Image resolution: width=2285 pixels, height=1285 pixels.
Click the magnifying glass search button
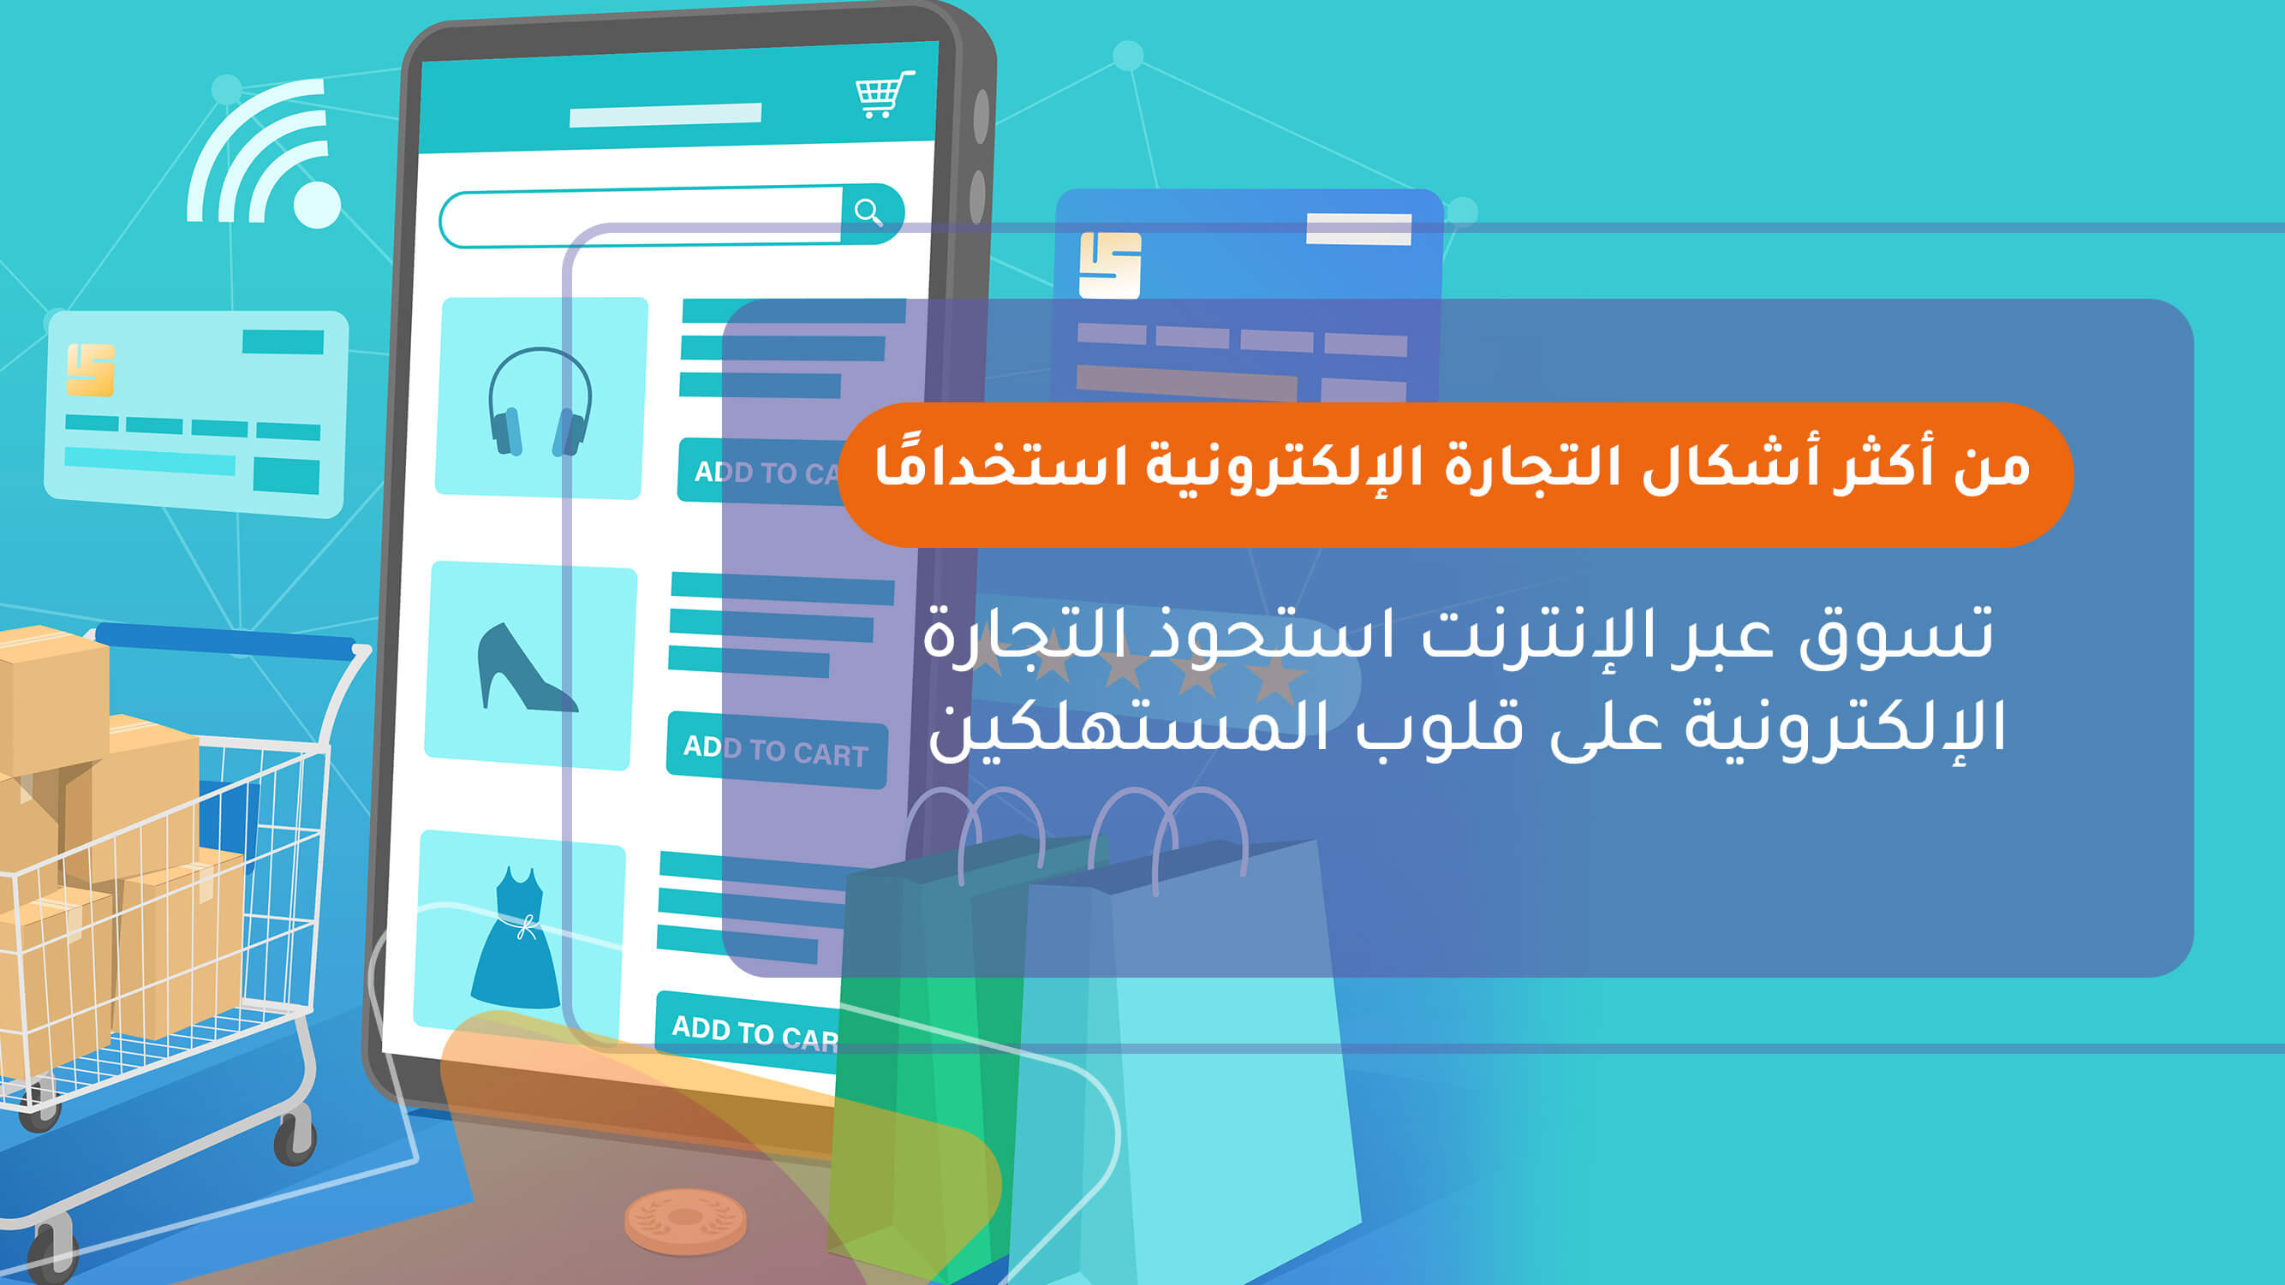(868, 212)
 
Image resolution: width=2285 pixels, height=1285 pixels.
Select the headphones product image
(540, 399)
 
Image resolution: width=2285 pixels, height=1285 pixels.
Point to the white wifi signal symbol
(266, 159)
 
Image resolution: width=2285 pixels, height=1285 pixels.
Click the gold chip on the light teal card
(91, 369)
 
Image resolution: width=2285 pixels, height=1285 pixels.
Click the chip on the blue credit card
(1109, 265)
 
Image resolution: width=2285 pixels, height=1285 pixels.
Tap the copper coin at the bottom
(685, 1221)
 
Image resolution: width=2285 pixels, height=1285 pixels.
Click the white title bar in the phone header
(665, 116)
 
